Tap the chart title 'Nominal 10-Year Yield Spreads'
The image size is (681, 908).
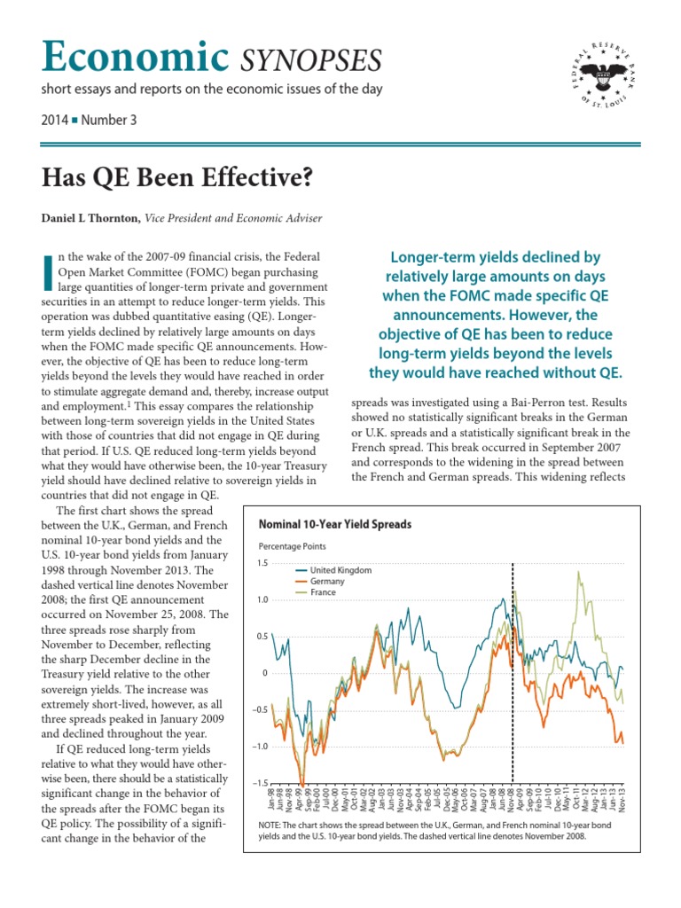point(334,524)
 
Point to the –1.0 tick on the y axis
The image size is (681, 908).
point(259,747)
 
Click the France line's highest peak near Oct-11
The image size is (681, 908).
point(579,572)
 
